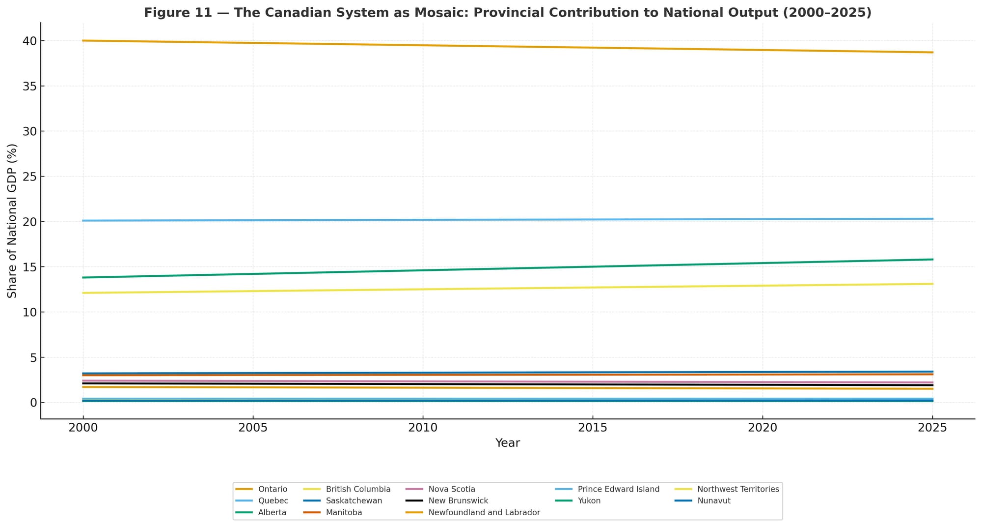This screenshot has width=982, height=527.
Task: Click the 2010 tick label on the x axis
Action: click(423, 428)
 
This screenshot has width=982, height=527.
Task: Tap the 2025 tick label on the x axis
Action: click(932, 428)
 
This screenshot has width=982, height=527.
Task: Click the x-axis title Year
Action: click(507, 443)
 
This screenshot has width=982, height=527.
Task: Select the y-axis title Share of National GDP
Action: click(12, 221)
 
